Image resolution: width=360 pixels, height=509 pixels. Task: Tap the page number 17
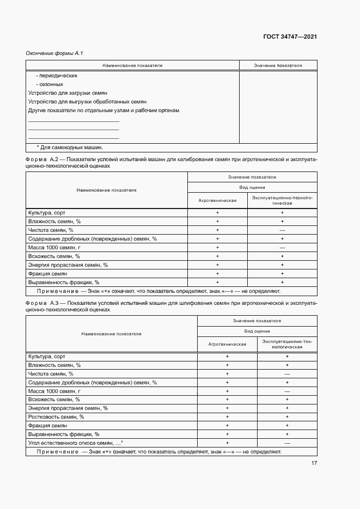coord(314,463)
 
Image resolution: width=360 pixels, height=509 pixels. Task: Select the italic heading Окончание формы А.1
coord(54,53)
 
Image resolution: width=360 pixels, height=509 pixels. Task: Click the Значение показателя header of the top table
coord(278,65)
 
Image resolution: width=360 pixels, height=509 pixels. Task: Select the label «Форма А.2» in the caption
coord(44,160)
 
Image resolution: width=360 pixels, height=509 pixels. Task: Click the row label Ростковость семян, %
coord(56,416)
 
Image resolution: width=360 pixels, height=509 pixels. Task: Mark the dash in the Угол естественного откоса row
coord(286,443)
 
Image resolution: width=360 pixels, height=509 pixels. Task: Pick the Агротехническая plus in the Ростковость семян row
coord(227,416)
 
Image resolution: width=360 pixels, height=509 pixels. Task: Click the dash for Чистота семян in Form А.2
coord(282,230)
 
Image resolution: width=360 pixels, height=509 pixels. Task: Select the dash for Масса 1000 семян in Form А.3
coord(286,391)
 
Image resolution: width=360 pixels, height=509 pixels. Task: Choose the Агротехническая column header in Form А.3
coord(227,344)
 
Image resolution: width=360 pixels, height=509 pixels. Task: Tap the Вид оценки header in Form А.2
coord(252,187)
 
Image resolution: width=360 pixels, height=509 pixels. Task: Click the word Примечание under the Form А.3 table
coord(58,452)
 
